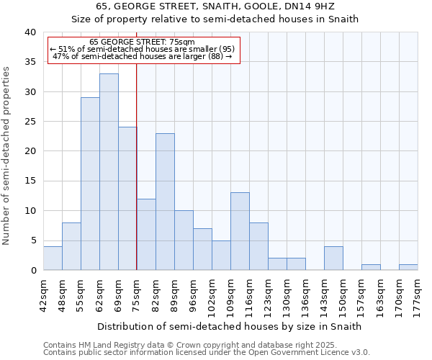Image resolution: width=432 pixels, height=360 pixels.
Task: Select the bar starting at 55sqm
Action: [90, 184]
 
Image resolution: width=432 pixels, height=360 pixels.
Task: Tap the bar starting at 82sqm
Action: [165, 202]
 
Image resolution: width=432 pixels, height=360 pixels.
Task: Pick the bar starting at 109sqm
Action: [240, 231]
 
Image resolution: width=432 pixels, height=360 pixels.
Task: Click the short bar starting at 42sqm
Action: [53, 258]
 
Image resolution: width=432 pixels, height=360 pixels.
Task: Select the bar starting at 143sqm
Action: [333, 258]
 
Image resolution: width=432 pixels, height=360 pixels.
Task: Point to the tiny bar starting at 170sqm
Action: [408, 267]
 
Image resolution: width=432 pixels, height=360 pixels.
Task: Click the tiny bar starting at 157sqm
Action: [371, 267]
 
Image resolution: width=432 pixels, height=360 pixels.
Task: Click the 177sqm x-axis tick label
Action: [418, 294]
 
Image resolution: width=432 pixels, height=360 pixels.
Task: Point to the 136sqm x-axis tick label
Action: [305, 294]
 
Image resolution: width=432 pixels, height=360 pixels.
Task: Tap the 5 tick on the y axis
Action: [32, 240]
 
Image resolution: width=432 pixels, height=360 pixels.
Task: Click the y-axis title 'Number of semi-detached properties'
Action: [6, 156]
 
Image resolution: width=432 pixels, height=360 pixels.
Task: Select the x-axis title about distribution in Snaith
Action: [229, 326]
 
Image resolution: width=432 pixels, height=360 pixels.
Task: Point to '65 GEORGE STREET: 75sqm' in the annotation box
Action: [142, 42]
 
